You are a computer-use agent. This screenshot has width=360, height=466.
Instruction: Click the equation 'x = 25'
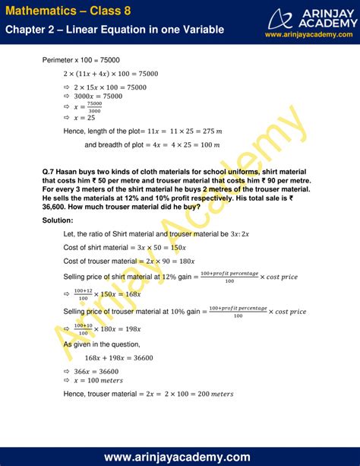coord(86,119)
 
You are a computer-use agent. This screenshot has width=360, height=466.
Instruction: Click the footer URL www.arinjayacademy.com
coord(179,456)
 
